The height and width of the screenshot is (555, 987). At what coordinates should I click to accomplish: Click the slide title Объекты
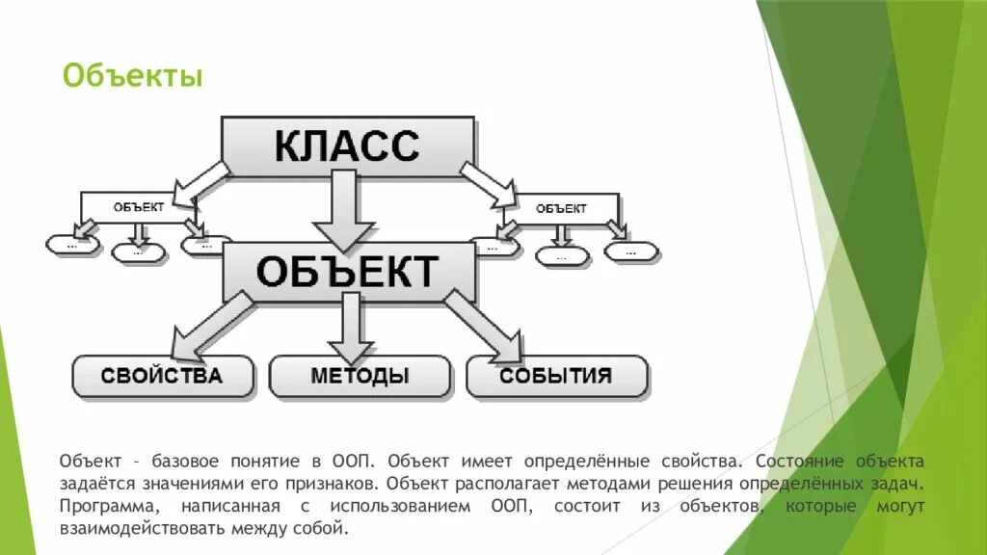click(x=132, y=75)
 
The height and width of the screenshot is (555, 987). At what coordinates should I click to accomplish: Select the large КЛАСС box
click(x=347, y=145)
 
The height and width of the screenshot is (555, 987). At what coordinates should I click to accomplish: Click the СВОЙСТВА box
click(x=162, y=375)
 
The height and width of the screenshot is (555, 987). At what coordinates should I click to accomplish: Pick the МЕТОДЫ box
click(x=359, y=376)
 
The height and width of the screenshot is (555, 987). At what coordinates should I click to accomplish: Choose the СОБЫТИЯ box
click(x=555, y=376)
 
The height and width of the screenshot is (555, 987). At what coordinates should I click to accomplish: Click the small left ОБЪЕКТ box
click(x=138, y=206)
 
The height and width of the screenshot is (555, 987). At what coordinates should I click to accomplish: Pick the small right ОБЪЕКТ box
click(x=561, y=207)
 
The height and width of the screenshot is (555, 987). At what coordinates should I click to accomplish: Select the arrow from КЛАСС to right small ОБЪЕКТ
click(x=487, y=183)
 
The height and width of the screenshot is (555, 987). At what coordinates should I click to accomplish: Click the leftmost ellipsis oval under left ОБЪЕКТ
click(x=73, y=245)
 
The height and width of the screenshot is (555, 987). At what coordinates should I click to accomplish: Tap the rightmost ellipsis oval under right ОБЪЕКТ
click(x=631, y=251)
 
